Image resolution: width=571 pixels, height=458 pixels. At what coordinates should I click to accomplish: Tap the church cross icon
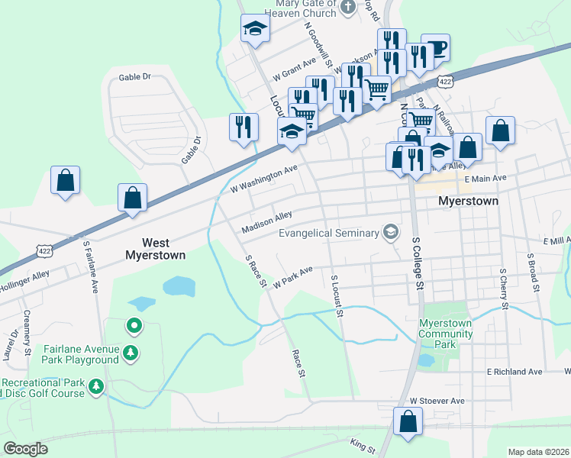[x=348, y=8]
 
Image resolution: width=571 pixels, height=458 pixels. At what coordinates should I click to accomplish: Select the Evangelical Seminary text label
[x=328, y=234]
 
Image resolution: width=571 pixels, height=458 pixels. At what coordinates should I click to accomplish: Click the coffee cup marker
[x=435, y=47]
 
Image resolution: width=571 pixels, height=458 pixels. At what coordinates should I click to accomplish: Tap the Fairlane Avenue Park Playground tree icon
[x=132, y=352]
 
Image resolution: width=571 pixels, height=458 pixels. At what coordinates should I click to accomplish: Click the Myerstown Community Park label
[x=446, y=334]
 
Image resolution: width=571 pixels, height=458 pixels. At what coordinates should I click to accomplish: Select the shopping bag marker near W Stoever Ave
[x=408, y=421]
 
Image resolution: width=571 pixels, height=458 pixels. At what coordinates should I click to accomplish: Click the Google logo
[x=26, y=449]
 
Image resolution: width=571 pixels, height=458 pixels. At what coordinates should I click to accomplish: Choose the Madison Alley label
[x=266, y=223]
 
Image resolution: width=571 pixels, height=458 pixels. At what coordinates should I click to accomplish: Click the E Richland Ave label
[x=515, y=372]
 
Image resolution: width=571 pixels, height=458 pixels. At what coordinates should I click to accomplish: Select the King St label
[x=360, y=443]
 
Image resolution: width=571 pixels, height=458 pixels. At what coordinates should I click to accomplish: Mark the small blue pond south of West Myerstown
[x=179, y=286]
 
